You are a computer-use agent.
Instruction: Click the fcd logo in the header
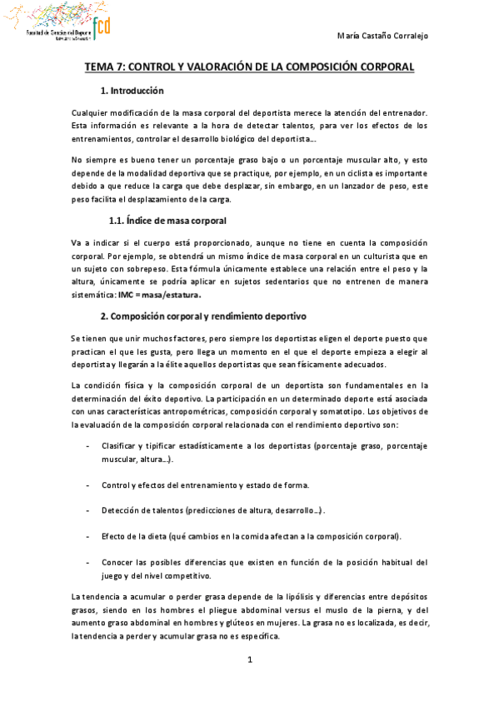pyautogui.click(x=102, y=27)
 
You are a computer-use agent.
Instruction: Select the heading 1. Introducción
pyautogui.click(x=132, y=91)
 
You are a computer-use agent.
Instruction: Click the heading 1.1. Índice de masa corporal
pyautogui.click(x=167, y=221)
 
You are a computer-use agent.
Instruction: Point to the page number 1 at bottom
pyautogui.click(x=249, y=660)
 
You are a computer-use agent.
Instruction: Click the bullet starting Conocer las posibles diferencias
pyautogui.click(x=264, y=560)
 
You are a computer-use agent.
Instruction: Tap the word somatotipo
pyautogui.click(x=342, y=411)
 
